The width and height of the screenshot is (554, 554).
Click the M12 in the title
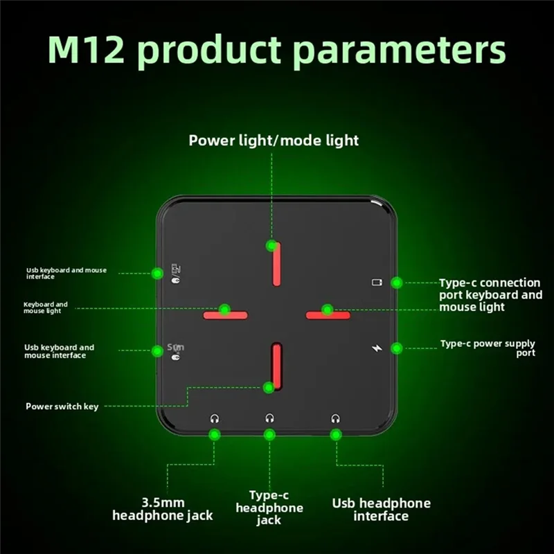[86, 49]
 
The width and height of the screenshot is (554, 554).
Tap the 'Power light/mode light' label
[274, 141]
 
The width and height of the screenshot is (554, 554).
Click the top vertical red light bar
[276, 264]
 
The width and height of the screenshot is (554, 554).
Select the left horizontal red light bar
[226, 315]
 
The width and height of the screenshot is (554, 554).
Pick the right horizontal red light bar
[328, 315]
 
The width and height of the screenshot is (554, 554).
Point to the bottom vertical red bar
[276, 366]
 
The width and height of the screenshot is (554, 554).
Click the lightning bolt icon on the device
[377, 348]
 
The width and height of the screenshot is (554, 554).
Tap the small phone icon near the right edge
[377, 282]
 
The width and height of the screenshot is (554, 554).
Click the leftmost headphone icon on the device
[215, 418]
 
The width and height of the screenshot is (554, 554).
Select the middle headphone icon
[269, 418]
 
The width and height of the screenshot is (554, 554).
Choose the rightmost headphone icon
[336, 418]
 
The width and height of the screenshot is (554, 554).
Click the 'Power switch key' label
[62, 406]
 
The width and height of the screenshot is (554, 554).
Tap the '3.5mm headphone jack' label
[163, 509]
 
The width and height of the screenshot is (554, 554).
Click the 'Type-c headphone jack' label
[269, 508]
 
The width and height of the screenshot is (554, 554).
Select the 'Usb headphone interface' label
[382, 510]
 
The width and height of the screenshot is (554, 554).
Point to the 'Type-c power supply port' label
[488, 348]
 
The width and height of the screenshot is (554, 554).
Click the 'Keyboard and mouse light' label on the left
[46, 307]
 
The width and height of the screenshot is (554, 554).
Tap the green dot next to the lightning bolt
[397, 348]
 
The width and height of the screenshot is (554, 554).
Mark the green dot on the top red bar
[271, 245]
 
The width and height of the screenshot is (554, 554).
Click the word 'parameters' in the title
[400, 51]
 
